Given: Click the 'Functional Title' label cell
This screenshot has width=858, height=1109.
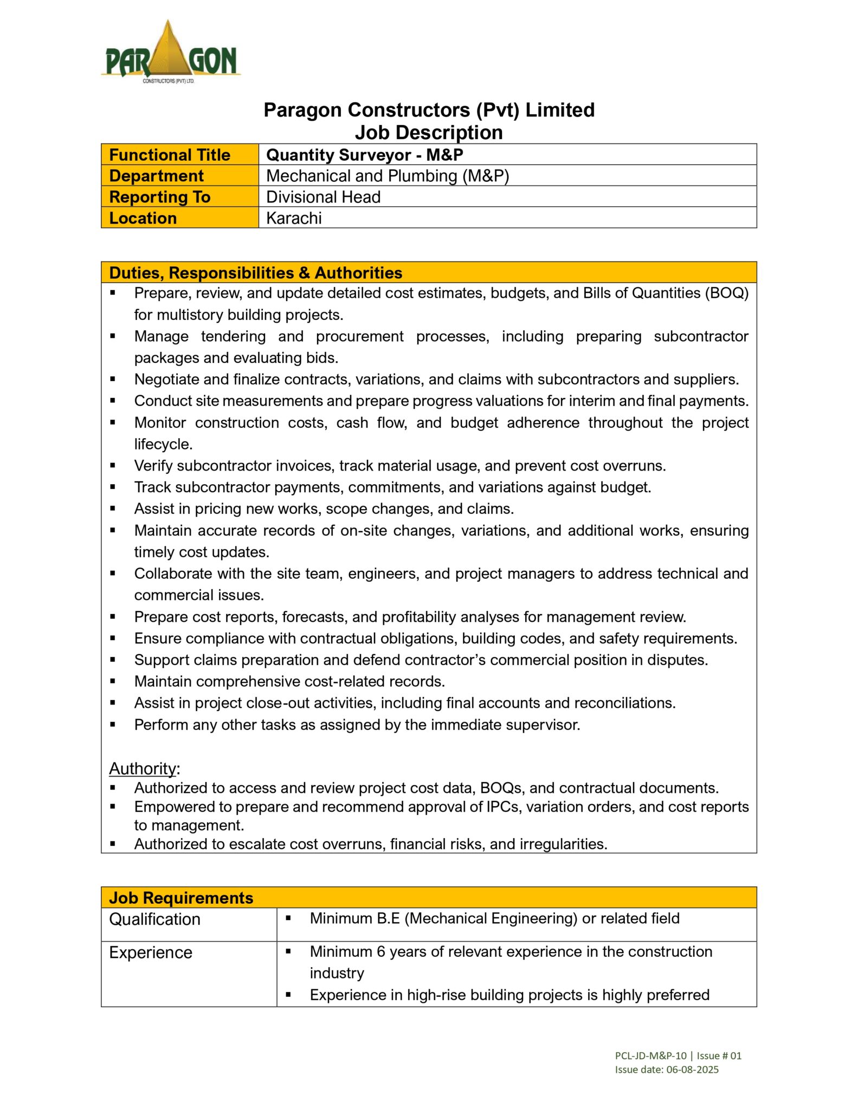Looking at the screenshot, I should point(170,155).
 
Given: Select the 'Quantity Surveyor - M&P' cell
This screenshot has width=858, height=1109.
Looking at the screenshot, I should point(364,155).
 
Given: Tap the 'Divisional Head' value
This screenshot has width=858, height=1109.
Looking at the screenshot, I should point(323,197).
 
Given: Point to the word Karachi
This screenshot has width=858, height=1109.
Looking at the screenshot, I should point(294,218).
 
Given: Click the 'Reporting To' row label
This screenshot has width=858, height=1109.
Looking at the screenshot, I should point(160,197).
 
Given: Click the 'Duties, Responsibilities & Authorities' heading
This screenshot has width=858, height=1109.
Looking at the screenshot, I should point(255,273).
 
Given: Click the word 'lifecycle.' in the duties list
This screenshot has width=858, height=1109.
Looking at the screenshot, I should point(163,445).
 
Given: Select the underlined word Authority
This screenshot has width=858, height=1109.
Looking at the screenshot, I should point(143,769).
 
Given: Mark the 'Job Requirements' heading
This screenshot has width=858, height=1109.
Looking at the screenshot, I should point(181,898).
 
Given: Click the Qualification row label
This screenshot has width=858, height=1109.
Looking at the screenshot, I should point(154,919).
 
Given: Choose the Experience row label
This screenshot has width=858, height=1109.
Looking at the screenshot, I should point(151,953).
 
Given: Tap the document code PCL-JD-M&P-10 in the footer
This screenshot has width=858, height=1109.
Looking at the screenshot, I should point(650,1055).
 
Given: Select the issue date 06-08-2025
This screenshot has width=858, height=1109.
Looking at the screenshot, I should point(692,1069).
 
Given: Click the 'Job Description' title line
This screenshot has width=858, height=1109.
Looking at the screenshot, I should point(429,133).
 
